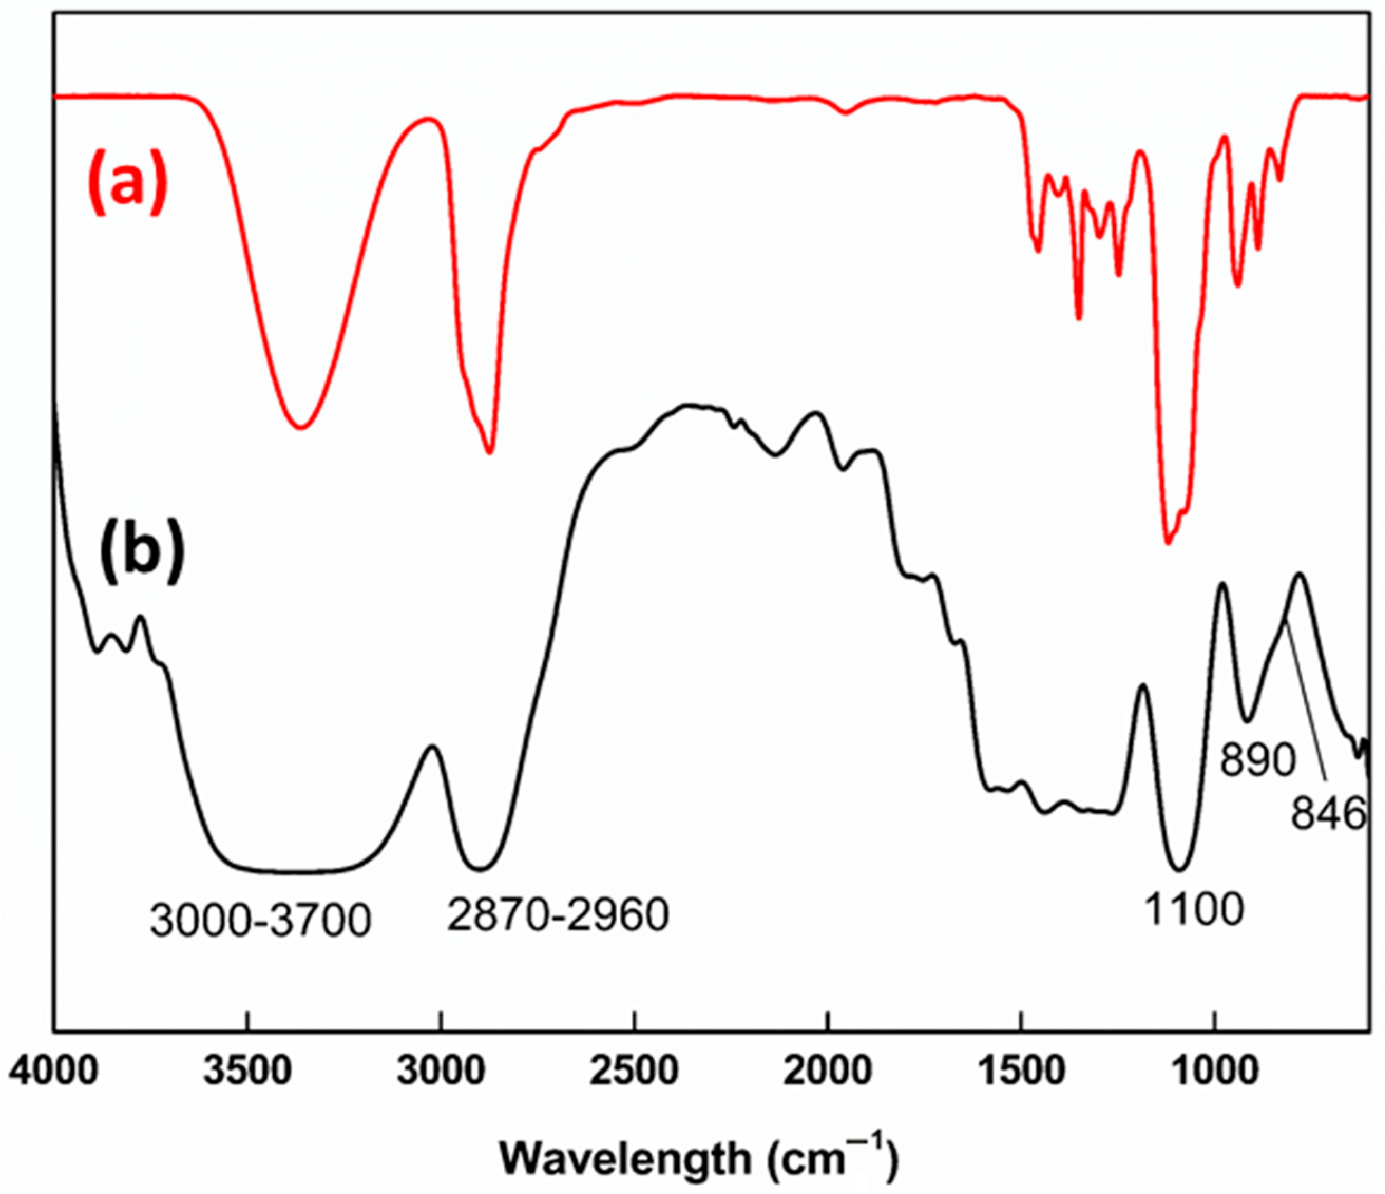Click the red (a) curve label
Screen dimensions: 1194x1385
tap(126, 183)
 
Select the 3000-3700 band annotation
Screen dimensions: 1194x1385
tap(260, 921)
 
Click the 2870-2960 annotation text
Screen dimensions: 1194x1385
tap(558, 914)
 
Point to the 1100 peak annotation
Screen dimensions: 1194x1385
tap(1194, 909)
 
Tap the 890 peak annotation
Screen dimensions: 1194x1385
tap(1257, 760)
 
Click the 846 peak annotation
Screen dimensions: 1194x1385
tap(1327, 814)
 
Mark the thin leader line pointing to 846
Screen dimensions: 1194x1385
tap(1305, 702)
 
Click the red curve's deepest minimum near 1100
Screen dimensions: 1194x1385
tap(1168, 543)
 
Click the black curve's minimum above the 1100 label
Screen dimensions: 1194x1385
tap(1179, 871)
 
